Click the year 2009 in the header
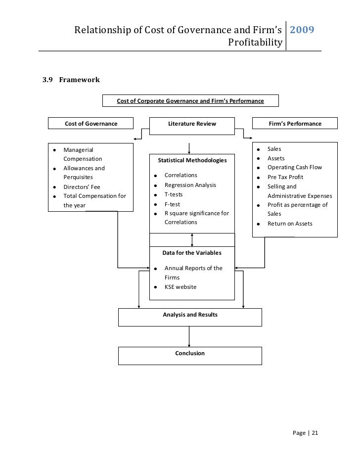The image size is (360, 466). point(301,31)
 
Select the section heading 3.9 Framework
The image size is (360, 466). point(71,80)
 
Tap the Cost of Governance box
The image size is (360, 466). point(91,124)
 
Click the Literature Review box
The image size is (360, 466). point(192,124)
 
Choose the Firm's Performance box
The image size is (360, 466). point(295,124)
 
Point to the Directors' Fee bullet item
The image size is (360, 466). point(82,187)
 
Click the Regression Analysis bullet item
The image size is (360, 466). point(190,185)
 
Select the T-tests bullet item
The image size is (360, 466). point(173,194)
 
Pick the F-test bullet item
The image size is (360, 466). point(172,204)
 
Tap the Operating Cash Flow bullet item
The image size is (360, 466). point(294,167)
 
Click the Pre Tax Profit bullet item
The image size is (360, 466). point(285,177)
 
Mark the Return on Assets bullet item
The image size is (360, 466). point(290,224)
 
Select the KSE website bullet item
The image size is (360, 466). point(180,287)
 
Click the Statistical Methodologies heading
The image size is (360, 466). point(192,160)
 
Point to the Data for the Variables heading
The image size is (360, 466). point(192,253)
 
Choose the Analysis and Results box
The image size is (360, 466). point(190,317)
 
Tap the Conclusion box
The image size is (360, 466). point(190,356)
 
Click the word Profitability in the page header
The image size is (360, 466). point(255,43)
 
